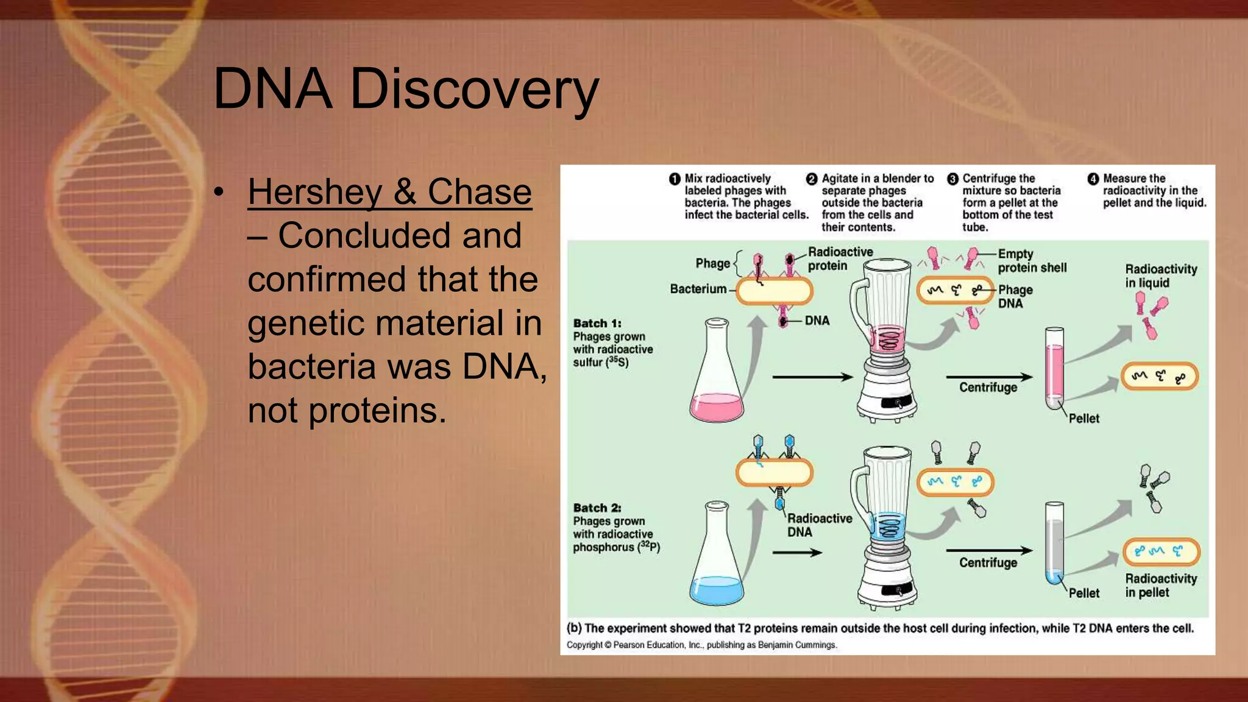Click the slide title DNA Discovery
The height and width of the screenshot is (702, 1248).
[406, 90]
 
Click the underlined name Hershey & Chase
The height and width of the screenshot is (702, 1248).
[389, 192]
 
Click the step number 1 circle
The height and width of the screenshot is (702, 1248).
[674, 179]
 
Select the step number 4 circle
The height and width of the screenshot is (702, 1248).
[1093, 179]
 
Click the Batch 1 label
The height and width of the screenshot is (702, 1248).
[597, 324]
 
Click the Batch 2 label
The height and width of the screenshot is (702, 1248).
[597, 508]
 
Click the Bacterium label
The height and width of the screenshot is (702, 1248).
[698, 289]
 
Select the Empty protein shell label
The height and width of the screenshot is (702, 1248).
[1031, 261]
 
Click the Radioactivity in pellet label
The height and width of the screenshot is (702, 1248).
[1160, 585]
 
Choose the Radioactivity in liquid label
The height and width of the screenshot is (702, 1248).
[1160, 275]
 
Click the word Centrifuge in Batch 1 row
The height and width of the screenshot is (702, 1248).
[988, 388]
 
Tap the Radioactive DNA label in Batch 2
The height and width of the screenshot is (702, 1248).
[818, 525]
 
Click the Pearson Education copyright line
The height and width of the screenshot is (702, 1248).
[701, 645]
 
